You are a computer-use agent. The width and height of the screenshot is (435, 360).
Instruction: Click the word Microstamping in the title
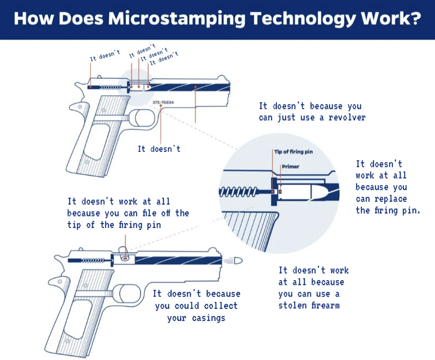point(178,19)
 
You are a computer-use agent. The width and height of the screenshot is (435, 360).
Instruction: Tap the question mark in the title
point(414,19)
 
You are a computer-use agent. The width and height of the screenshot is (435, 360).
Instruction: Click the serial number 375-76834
point(163,102)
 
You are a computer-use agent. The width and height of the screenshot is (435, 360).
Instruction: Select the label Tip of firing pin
point(293,151)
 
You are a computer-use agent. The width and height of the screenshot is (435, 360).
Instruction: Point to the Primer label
point(290,166)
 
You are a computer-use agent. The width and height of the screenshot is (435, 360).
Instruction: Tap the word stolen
point(293,305)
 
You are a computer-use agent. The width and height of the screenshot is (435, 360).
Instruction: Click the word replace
point(387,199)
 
